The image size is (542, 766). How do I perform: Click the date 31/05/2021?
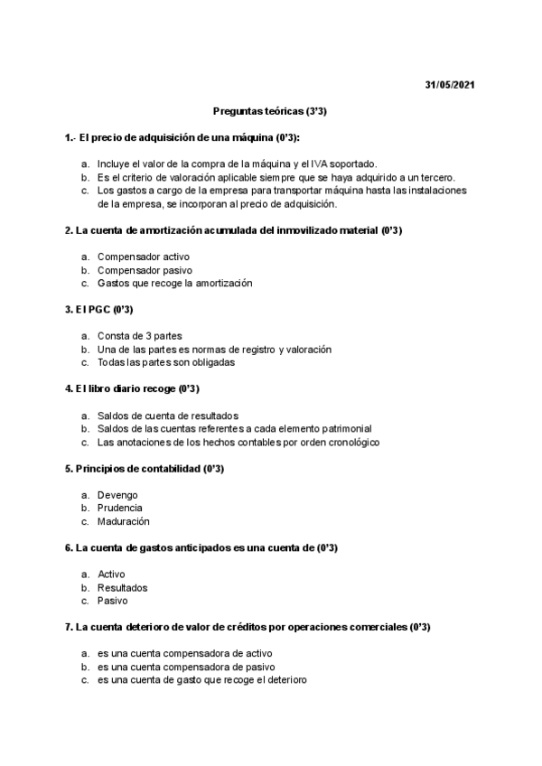point(449,85)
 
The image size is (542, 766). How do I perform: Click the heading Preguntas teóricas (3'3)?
point(270,110)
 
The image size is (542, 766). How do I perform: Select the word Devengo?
point(118,495)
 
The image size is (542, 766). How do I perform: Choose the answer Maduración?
point(124,521)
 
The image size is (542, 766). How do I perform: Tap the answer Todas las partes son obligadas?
point(166,362)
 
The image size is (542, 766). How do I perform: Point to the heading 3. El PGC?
point(99,310)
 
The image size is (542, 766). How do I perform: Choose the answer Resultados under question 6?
point(123,587)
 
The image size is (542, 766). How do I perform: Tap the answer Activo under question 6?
point(112,574)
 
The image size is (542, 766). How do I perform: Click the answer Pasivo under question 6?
point(113,601)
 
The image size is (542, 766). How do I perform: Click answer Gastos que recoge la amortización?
point(175,283)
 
